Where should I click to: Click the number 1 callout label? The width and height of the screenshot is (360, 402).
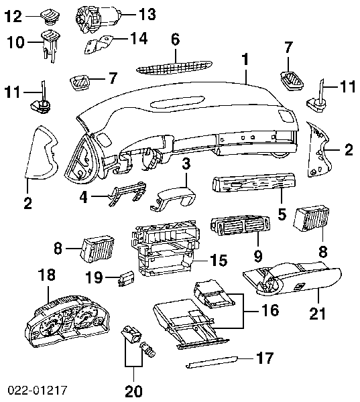(x=246, y=60)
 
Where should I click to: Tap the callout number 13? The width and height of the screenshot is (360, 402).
(x=147, y=13)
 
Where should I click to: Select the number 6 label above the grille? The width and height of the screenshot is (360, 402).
(x=175, y=40)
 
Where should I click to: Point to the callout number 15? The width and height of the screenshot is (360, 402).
(x=219, y=259)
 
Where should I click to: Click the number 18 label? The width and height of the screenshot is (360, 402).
(x=46, y=275)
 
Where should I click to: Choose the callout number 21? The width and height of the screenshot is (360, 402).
(x=317, y=313)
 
